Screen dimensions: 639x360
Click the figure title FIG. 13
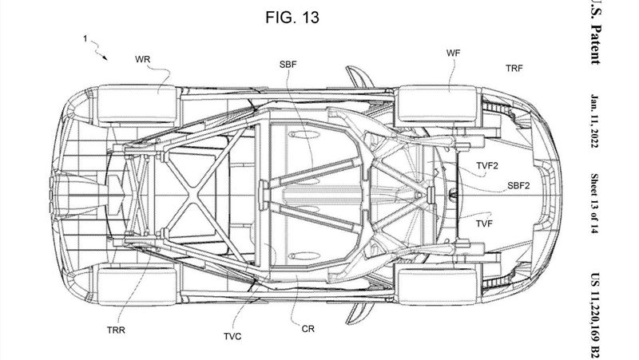pyautogui.click(x=292, y=18)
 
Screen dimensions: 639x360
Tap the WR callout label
pyautogui.click(x=143, y=59)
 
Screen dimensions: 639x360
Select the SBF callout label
pyautogui.click(x=288, y=65)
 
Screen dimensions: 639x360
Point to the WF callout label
pyautogui.click(x=454, y=53)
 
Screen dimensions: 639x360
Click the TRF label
pyautogui.click(x=514, y=69)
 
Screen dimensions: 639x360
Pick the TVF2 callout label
pyautogui.click(x=487, y=166)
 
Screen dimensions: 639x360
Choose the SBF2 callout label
pyautogui.click(x=518, y=186)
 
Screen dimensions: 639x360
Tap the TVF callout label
pyautogui.click(x=484, y=224)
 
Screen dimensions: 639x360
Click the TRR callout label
pyautogui.click(x=116, y=330)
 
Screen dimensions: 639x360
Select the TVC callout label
pyautogui.click(x=232, y=336)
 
